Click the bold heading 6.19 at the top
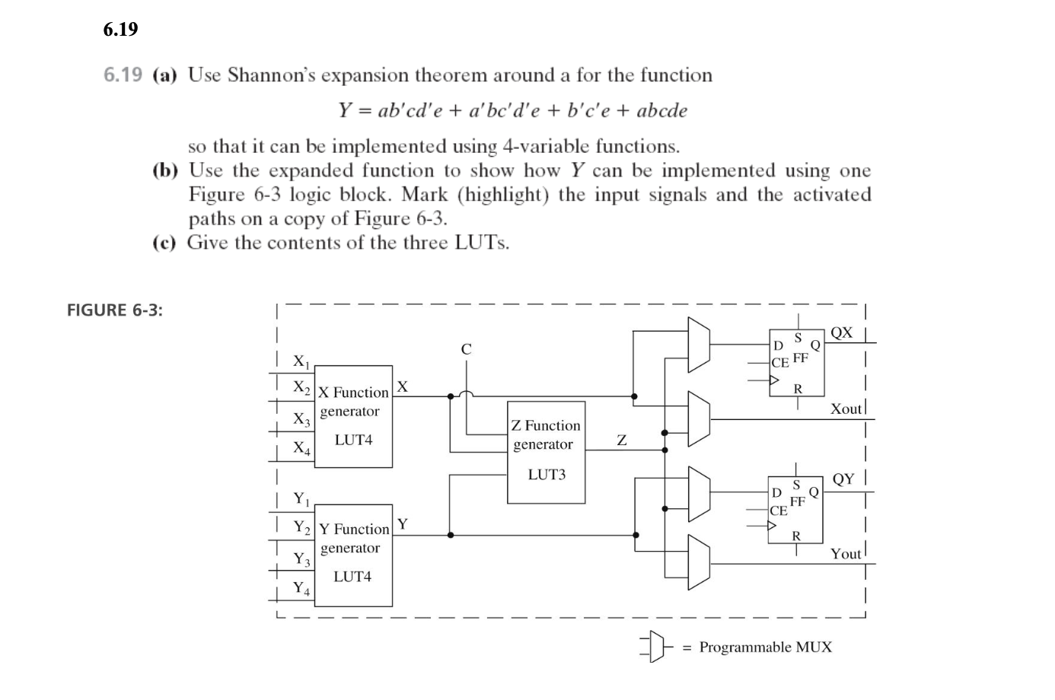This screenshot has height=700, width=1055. pyautogui.click(x=120, y=30)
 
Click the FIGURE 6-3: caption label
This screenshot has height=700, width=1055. pyautogui.click(x=115, y=310)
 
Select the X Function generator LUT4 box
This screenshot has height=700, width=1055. pyautogui.click(x=354, y=416)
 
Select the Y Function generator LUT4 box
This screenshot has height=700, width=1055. pyautogui.click(x=354, y=554)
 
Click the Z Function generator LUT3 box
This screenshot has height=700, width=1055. pyautogui.click(x=547, y=452)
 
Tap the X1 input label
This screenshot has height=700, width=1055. pyautogui.click(x=302, y=361)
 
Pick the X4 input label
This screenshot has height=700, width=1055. pyautogui.click(x=302, y=447)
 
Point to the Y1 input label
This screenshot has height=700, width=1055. pyautogui.click(x=302, y=499)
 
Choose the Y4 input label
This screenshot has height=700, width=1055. pyautogui.click(x=302, y=588)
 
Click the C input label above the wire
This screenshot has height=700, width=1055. pyautogui.click(x=467, y=349)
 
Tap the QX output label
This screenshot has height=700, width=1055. pyautogui.click(x=842, y=332)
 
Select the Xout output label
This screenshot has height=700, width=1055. pyautogui.click(x=846, y=409)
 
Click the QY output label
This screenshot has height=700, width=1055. pyautogui.click(x=843, y=479)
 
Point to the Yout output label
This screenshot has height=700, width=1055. pyautogui.click(x=846, y=554)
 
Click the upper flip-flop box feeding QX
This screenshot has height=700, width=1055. pyautogui.click(x=796, y=358)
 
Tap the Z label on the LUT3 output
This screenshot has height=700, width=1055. pyautogui.click(x=622, y=440)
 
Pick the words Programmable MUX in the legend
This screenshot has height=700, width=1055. pyautogui.click(x=765, y=647)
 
